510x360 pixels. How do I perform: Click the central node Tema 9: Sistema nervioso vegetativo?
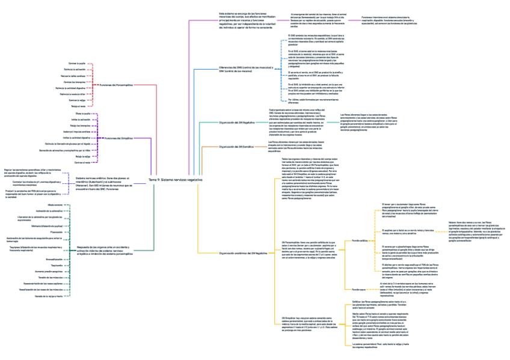coord(176,180)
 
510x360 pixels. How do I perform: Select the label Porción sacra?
coord(359,289)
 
